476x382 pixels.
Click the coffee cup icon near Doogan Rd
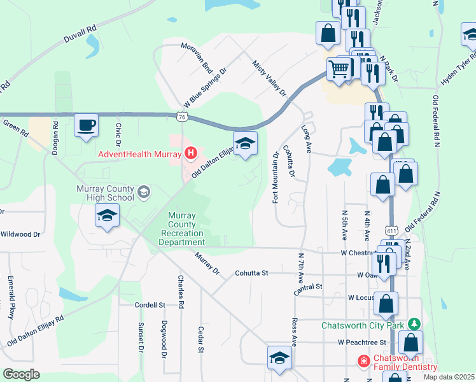[86, 125]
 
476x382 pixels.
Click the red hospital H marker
[190, 153]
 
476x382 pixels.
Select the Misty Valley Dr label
[270, 79]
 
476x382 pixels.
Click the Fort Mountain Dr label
[276, 178]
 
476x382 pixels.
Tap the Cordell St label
[150, 305]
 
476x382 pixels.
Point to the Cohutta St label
[251, 272]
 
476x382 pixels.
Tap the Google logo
[21, 374]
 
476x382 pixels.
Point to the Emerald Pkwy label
[11, 296]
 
